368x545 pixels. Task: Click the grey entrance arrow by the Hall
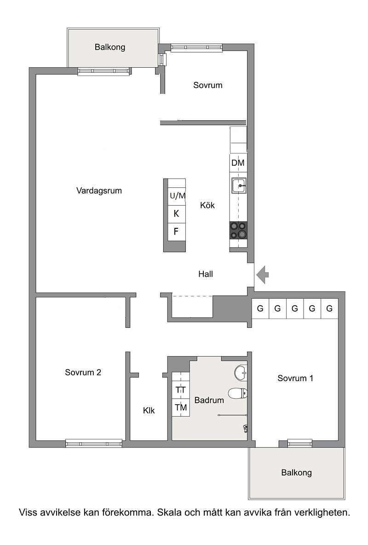pyautogui.click(x=263, y=275)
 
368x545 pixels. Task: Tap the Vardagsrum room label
pyautogui.click(x=99, y=191)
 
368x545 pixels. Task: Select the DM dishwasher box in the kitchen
pyautogui.click(x=238, y=163)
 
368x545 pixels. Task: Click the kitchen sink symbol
pyautogui.click(x=239, y=186)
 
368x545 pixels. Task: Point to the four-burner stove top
pyautogui.click(x=238, y=230)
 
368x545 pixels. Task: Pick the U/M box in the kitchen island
pyautogui.click(x=177, y=196)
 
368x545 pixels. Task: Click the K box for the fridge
pyautogui.click(x=176, y=214)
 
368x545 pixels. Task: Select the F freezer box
pyautogui.click(x=176, y=231)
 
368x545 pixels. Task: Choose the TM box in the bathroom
pyautogui.click(x=181, y=407)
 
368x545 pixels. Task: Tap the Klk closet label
pyautogui.click(x=149, y=411)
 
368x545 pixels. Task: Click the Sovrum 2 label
pyautogui.click(x=83, y=373)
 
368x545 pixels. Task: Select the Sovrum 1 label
pyautogui.click(x=295, y=378)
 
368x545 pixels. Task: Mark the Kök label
pyautogui.click(x=207, y=205)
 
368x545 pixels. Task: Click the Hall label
pyautogui.click(x=206, y=274)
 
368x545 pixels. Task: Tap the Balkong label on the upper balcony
pyautogui.click(x=110, y=47)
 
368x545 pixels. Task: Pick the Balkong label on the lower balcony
pyautogui.click(x=297, y=473)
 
